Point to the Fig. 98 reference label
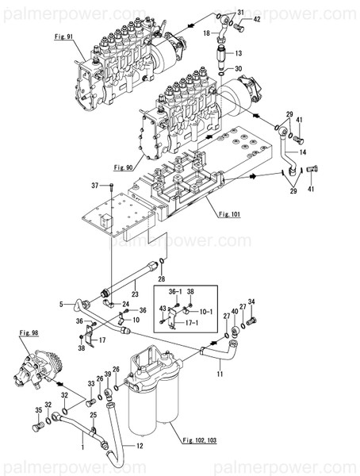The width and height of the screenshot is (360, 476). pos(29,334)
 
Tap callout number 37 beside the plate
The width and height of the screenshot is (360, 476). pos(95,185)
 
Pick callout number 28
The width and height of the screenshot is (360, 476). pos(162,279)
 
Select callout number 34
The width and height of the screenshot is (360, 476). pos(252,301)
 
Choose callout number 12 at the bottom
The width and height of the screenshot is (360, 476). pos(140,447)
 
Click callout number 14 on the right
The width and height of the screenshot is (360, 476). pos(304,152)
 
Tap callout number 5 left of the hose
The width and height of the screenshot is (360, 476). pos(59,303)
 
